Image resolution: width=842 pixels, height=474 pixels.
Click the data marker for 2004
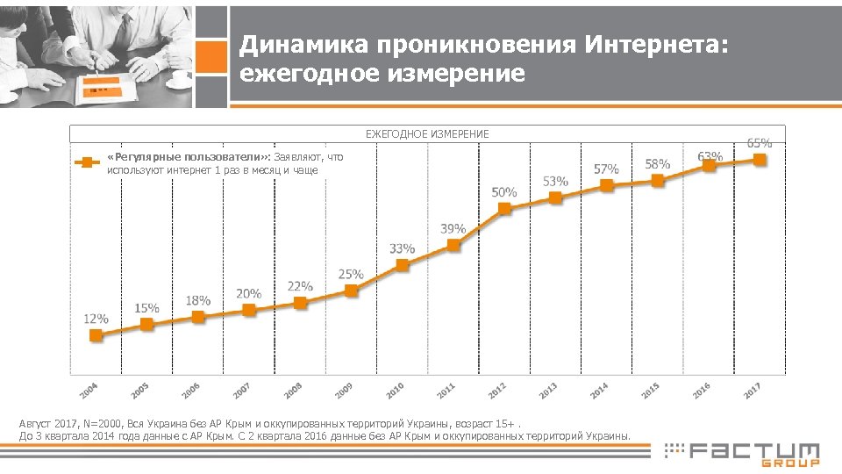pyautogui.click(x=96, y=334)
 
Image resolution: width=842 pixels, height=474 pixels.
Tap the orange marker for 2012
pyautogui.click(x=504, y=208)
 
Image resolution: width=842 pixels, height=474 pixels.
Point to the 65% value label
pyautogui.click(x=760, y=141)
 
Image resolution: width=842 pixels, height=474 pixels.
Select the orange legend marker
pyautogui.click(x=86, y=162)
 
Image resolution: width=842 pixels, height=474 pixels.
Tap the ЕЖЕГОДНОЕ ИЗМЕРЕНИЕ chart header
pyautogui.click(x=427, y=134)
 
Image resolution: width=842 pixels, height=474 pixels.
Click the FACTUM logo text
pyautogui.click(x=754, y=451)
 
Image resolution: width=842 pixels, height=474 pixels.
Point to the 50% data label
pyautogui.click(x=504, y=191)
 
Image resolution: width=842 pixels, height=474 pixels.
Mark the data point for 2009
pyautogui.click(x=352, y=291)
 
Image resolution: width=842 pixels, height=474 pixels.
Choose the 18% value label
pyautogui.click(x=198, y=300)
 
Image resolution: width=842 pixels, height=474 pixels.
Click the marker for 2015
pyautogui.click(x=658, y=180)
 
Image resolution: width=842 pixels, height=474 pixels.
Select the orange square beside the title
pyautogui.click(x=211, y=57)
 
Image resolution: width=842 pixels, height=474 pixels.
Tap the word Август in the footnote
pyautogui.click(x=35, y=423)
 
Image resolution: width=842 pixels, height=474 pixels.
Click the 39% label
pyautogui.click(x=453, y=228)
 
